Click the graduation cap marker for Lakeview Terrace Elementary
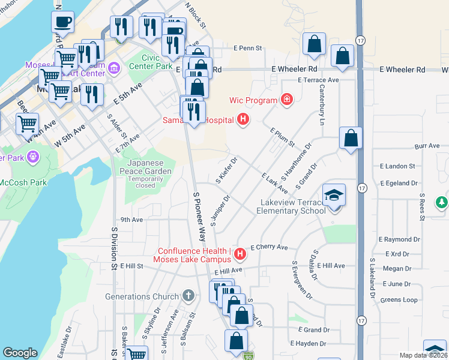(x=334, y=196)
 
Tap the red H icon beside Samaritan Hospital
(x=243, y=120)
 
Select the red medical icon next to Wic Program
(x=287, y=100)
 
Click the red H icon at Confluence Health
(x=240, y=254)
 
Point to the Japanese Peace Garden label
(x=149, y=167)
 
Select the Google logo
(x=20, y=353)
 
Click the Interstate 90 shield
(x=249, y=356)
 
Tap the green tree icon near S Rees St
(x=442, y=202)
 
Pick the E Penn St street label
(x=249, y=48)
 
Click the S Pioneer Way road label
(x=199, y=216)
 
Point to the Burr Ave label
(x=427, y=146)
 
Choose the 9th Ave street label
(x=131, y=220)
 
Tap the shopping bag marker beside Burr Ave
(x=351, y=139)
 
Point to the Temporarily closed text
(x=145, y=185)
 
